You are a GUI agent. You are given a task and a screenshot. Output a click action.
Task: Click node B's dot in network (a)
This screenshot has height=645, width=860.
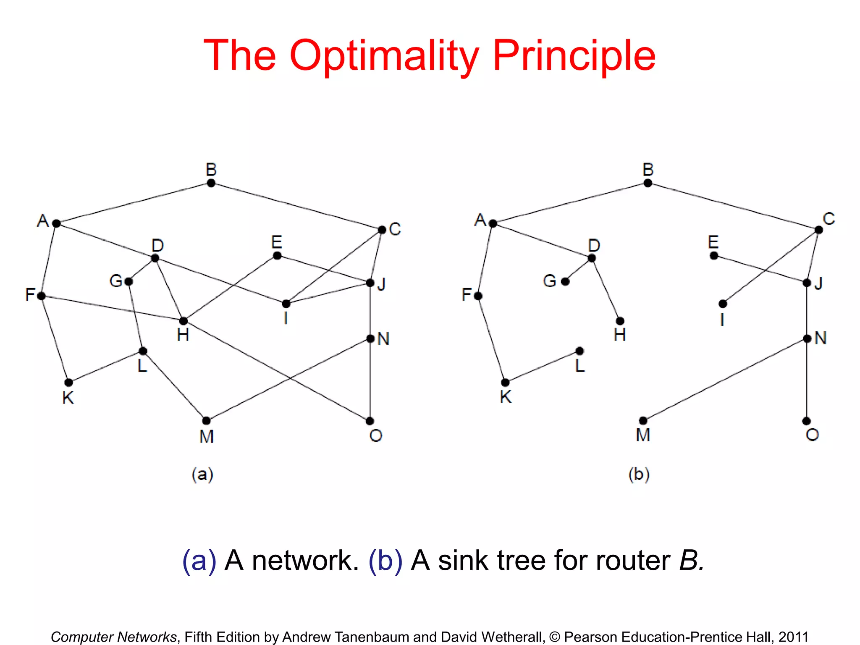pos(211,183)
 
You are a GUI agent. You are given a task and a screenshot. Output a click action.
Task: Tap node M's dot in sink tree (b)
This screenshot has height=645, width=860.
pos(643,420)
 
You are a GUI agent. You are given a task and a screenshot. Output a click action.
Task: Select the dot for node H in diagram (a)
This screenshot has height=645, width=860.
pos(183,321)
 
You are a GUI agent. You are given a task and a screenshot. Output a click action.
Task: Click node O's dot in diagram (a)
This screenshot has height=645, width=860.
pos(370,421)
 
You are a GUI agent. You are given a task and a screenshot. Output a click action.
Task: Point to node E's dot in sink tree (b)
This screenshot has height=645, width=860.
pos(714,255)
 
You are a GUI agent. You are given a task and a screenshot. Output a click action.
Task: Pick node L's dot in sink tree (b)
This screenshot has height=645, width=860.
pos(579,351)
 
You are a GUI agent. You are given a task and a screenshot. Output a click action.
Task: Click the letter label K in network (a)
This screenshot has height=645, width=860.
pos(68,397)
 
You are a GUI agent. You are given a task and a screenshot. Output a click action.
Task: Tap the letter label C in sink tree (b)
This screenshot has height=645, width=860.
pos(829,219)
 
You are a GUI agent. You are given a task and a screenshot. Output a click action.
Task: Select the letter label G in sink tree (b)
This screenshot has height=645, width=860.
pos(550,281)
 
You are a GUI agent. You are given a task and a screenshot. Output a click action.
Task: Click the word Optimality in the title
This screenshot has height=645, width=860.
pos(384,55)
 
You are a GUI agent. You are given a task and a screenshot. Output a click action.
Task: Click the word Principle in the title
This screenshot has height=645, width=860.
pos(574,55)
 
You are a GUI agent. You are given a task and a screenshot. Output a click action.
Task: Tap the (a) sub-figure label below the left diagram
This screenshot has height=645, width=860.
pos(202,475)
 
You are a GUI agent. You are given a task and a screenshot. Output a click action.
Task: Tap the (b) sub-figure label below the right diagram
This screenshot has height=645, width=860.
pos(639,475)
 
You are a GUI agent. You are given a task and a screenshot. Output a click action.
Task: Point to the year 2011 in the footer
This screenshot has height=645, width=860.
pos(793,637)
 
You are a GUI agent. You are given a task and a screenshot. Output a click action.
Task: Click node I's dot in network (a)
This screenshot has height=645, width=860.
pos(286,304)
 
